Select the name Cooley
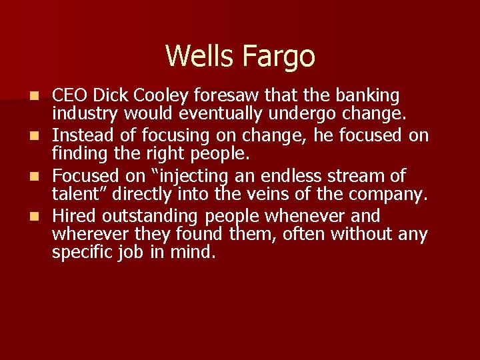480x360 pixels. click(159, 96)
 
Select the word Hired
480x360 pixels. click(71, 215)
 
